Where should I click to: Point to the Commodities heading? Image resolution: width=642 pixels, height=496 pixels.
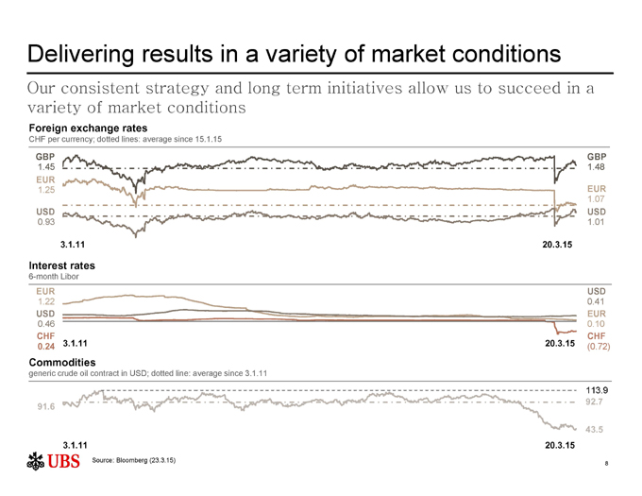63,362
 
